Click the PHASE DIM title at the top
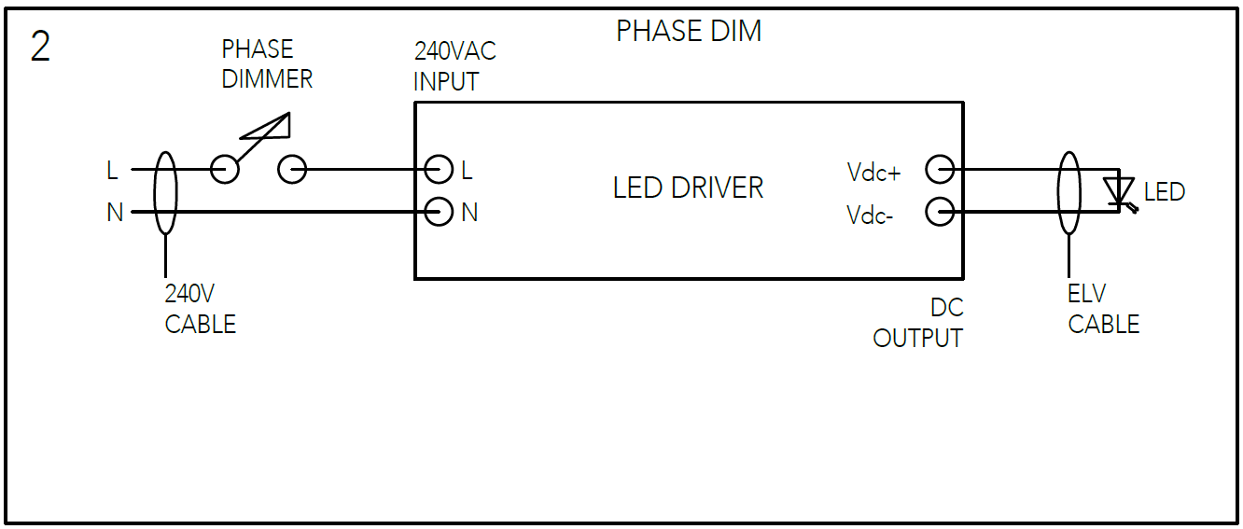[689, 32]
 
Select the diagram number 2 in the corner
[40, 48]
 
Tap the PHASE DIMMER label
[267, 64]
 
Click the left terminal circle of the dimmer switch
[224, 169]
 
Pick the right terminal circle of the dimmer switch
[292, 169]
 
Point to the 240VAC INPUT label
[454, 66]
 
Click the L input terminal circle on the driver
[439, 169]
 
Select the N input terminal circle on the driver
[439, 212]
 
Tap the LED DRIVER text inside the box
[688, 188]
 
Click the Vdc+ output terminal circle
[940, 170]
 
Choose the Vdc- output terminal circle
[940, 213]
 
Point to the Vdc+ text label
[873, 173]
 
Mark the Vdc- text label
[871, 216]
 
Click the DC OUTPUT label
[918, 323]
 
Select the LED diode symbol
[1118, 191]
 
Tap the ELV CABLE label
[1103, 309]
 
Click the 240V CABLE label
[200, 309]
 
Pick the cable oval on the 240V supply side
[165, 192]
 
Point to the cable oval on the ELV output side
[1069, 192]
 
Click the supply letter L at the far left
[112, 171]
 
